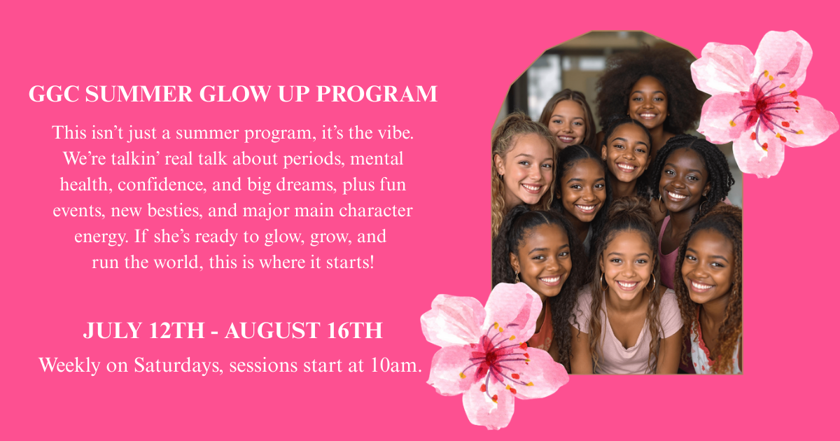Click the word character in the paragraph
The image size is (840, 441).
[x=382, y=211]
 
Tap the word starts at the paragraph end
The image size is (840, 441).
[x=355, y=262]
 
